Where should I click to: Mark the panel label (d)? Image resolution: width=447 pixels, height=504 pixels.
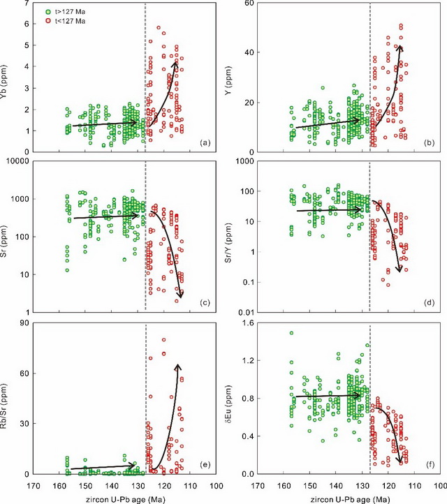pos(430,303)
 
